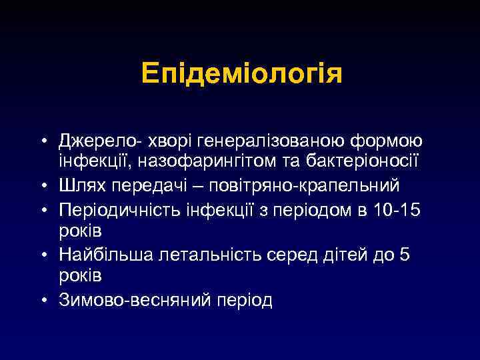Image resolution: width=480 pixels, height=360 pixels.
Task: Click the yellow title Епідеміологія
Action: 242,74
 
